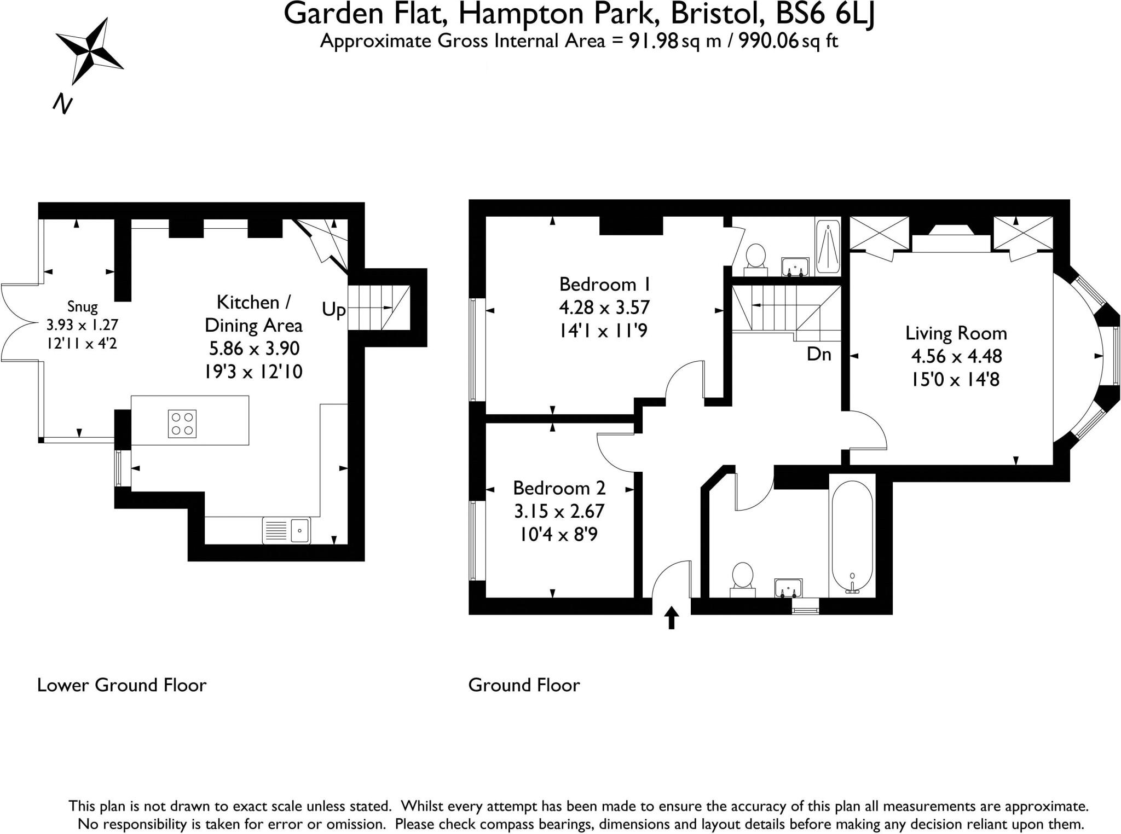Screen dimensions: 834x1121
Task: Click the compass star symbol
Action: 89,50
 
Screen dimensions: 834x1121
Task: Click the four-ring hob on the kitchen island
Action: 182,424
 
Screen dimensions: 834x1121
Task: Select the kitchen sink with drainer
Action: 286,530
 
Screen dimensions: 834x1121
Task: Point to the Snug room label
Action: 83,306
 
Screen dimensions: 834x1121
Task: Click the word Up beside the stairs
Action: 333,310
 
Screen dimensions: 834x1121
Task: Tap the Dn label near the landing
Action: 819,355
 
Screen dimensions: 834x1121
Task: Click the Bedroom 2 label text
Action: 559,488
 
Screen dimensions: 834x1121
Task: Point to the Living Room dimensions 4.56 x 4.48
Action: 956,356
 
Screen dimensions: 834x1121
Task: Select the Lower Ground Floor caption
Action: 122,685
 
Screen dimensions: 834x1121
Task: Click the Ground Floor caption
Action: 524,685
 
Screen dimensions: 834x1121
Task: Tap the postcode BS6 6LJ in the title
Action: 825,14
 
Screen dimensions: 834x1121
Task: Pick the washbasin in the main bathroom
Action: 788,588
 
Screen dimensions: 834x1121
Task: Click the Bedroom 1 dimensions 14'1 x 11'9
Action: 604,331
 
